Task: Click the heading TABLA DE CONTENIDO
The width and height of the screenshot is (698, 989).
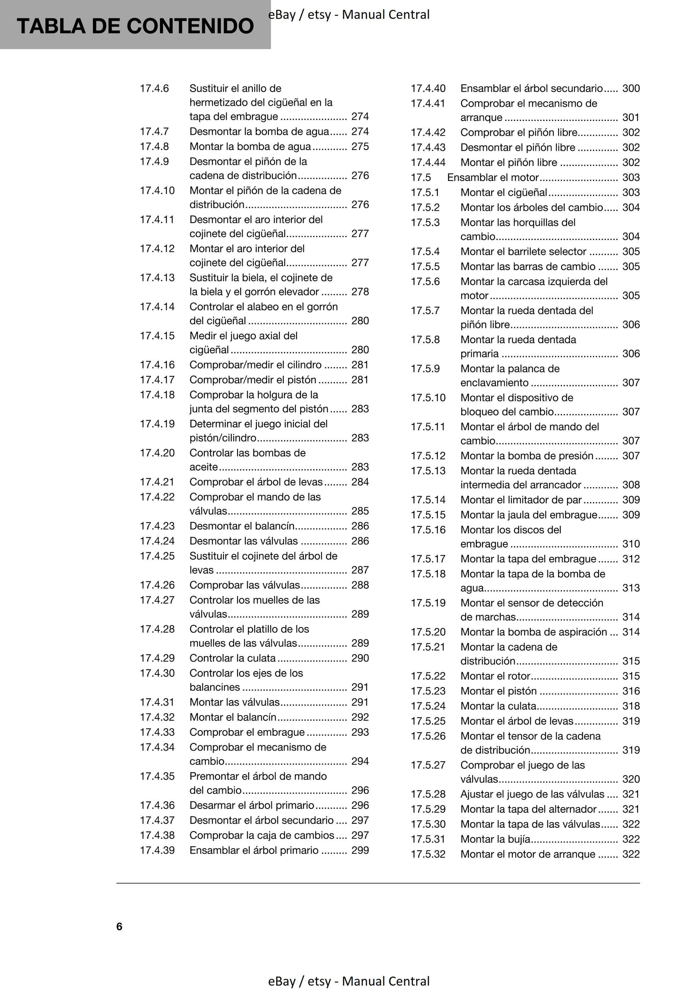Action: click(x=135, y=26)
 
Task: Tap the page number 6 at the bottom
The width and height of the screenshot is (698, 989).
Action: click(x=119, y=927)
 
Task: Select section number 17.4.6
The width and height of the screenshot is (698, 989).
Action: click(x=154, y=88)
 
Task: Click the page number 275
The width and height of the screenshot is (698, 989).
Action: click(x=360, y=147)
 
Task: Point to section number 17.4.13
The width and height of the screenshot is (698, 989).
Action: click(x=157, y=277)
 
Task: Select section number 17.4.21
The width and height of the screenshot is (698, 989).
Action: click(x=157, y=482)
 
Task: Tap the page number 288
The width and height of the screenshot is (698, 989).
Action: click(x=360, y=585)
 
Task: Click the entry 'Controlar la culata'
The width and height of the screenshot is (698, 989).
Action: click(x=232, y=658)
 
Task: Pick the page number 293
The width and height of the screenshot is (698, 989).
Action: click(x=360, y=732)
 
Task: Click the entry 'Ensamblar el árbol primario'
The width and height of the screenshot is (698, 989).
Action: click(x=254, y=850)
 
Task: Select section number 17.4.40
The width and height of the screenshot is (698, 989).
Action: click(x=428, y=88)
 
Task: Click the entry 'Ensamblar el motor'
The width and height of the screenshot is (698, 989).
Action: click(x=493, y=177)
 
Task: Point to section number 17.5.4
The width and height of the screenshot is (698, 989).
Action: click(x=425, y=251)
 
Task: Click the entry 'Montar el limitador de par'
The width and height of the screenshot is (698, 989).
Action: click(x=521, y=500)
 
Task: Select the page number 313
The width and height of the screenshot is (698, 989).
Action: click(x=631, y=588)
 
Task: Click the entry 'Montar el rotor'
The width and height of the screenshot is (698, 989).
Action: click(x=495, y=676)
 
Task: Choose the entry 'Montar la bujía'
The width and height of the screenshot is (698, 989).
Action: click(x=495, y=839)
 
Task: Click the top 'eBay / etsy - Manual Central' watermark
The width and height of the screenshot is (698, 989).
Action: click(x=349, y=15)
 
